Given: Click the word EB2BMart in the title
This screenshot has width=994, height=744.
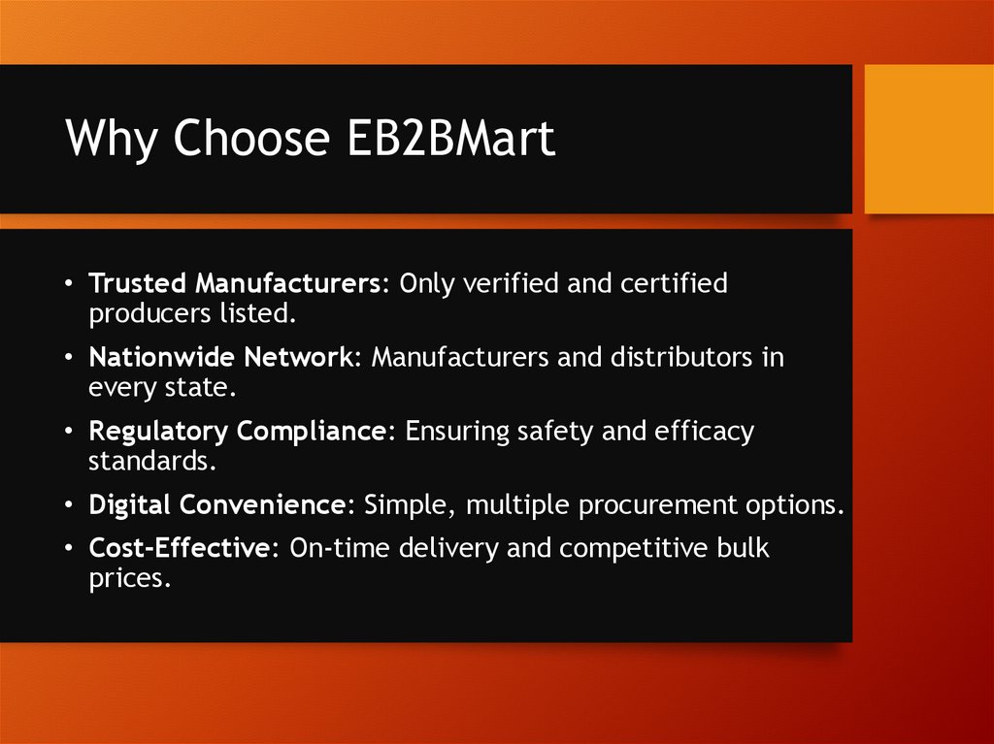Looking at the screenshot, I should (450, 140).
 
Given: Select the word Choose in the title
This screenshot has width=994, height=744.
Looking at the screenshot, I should (251, 140).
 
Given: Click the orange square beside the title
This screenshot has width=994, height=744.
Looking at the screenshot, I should (929, 139).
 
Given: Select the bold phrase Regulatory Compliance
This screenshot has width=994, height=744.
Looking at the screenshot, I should (237, 432).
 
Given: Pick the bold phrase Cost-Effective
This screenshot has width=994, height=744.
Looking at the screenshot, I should (178, 548).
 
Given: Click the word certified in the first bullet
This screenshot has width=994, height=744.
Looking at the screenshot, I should (670, 284).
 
